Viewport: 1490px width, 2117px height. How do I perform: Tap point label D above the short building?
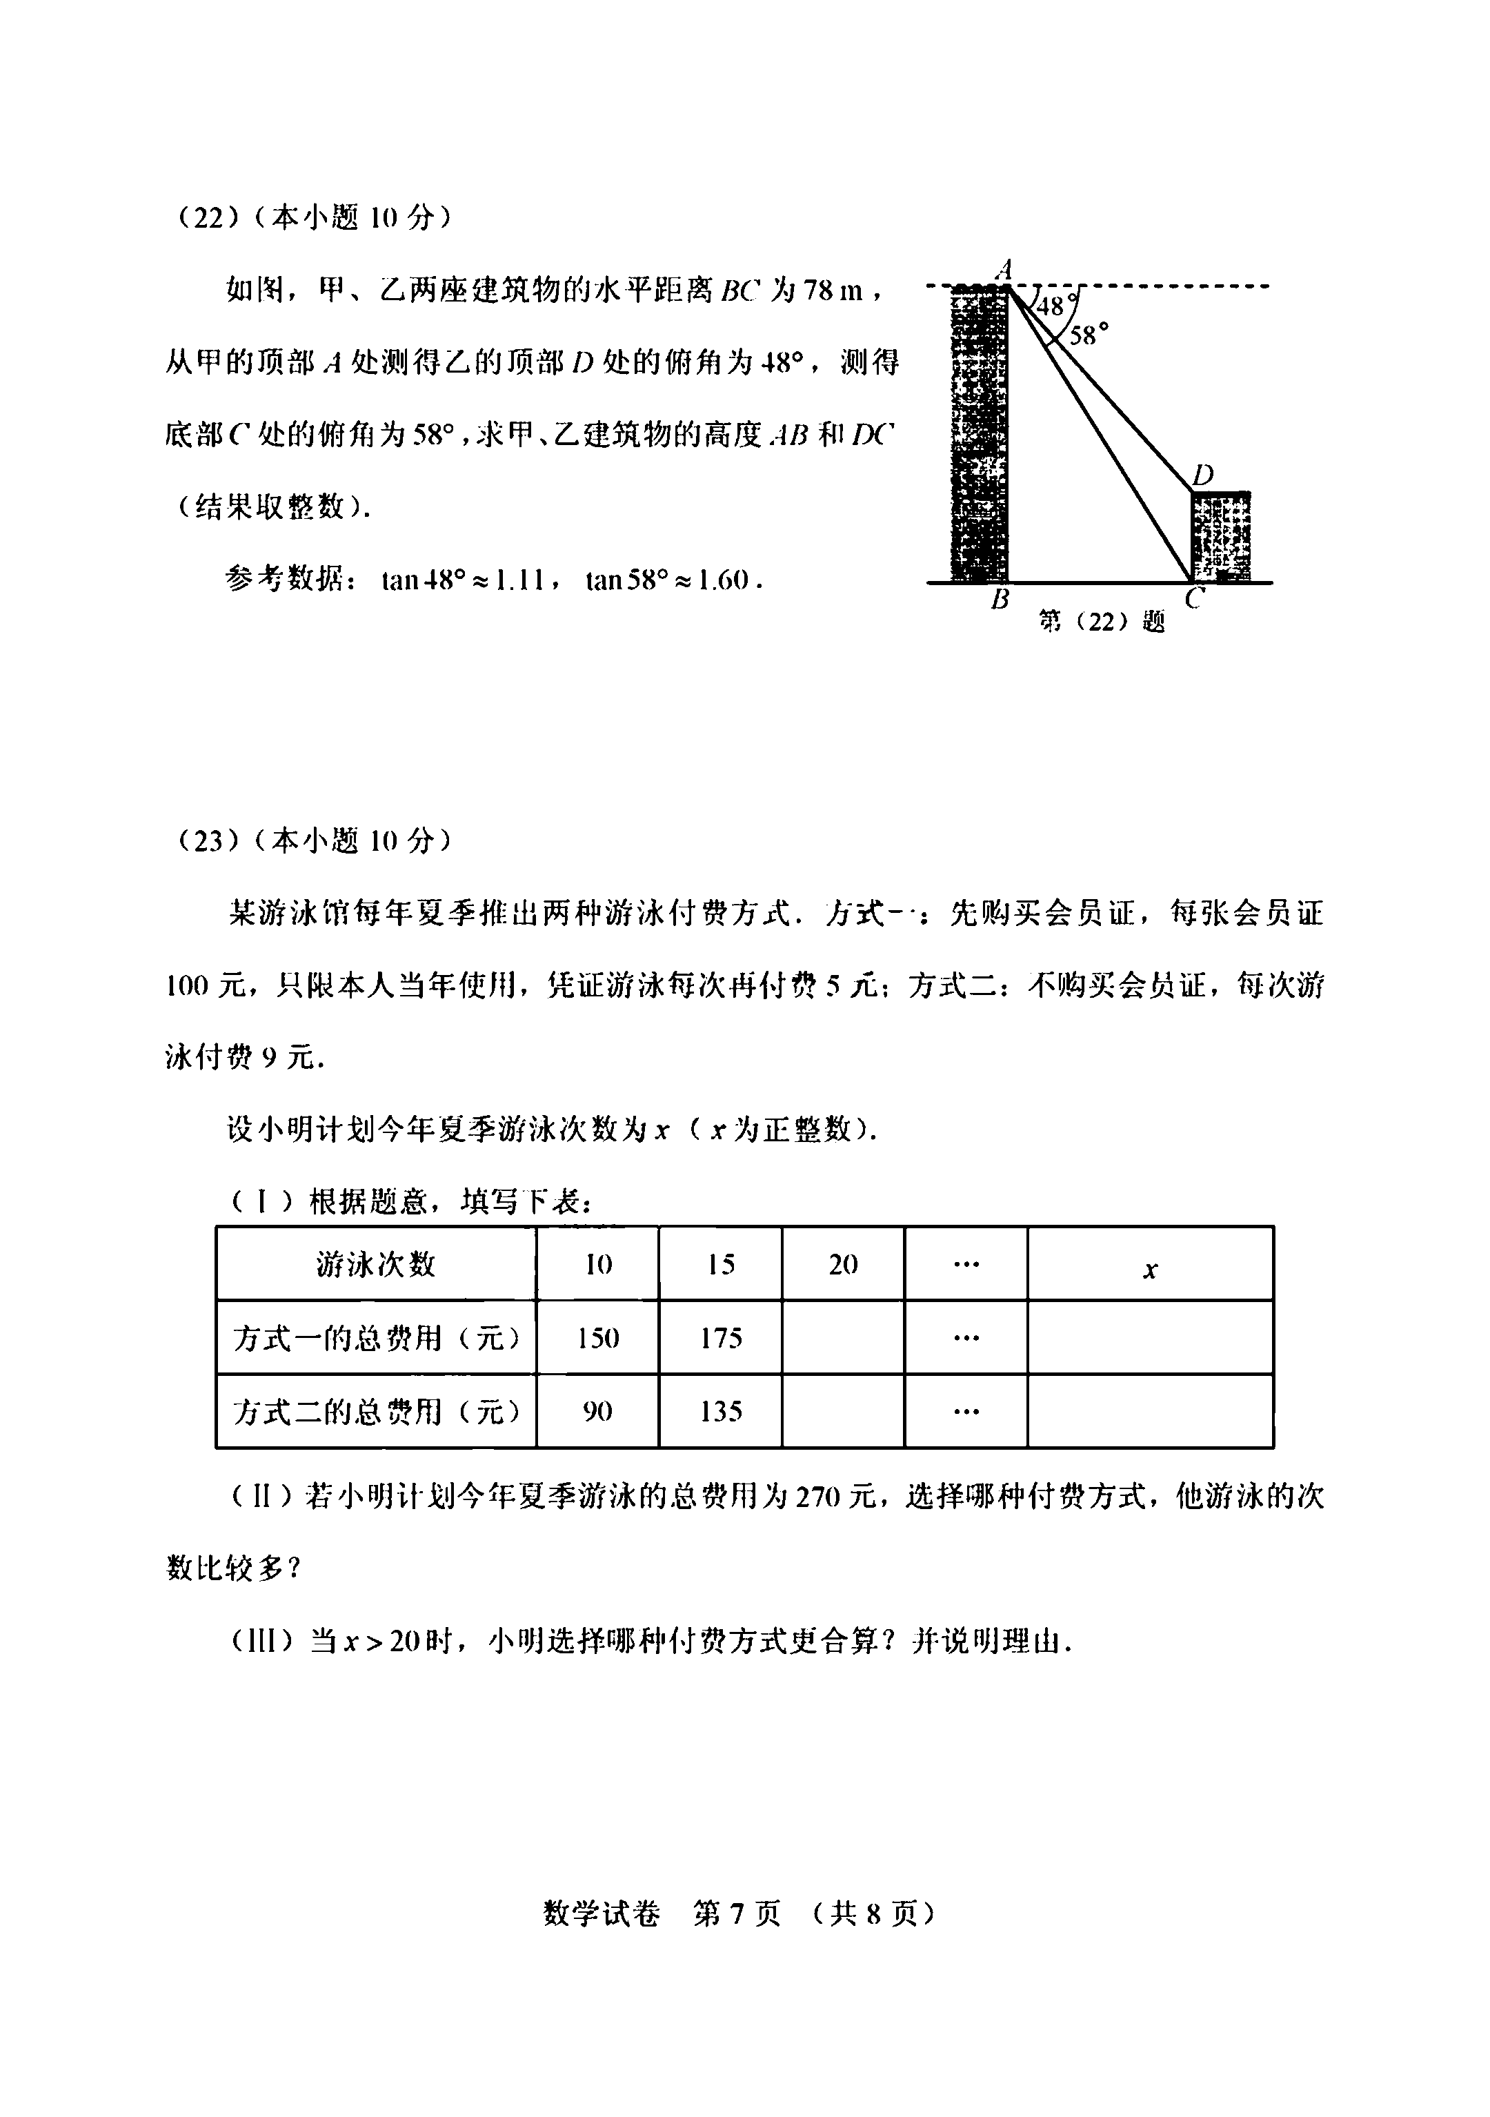(1202, 475)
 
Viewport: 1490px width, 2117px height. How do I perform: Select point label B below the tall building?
(1000, 600)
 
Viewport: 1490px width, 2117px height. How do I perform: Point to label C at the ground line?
(1194, 600)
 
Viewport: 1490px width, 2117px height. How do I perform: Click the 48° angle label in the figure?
(1052, 305)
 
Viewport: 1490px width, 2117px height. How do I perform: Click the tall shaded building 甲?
(980, 433)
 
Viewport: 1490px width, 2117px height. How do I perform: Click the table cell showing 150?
(597, 1338)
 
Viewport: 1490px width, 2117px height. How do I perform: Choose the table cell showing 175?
(720, 1338)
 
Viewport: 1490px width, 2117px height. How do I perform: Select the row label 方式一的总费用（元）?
(376, 1338)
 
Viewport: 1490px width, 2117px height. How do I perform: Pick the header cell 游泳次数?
(376, 1264)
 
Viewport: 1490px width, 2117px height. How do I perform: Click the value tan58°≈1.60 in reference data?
(674, 581)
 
